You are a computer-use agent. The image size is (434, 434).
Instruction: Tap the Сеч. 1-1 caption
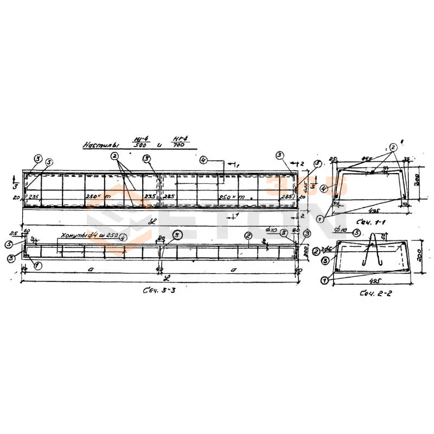367,223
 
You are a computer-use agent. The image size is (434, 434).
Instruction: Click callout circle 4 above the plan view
203,160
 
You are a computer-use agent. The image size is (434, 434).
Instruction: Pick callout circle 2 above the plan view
114,156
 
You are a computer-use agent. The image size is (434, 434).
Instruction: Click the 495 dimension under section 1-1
373,209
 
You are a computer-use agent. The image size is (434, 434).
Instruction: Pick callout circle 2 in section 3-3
247,235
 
